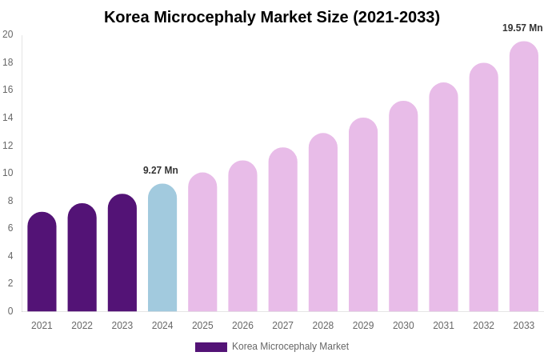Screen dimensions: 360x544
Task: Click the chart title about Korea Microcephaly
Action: [272, 17]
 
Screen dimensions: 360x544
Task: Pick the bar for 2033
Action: [524, 177]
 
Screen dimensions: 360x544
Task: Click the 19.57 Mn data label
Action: [522, 28]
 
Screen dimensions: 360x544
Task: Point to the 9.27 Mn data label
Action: [161, 170]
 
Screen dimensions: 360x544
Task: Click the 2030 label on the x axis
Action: [403, 326]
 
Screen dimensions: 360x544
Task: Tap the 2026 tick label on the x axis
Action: [242, 326]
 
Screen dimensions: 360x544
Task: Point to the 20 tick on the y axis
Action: [8, 34]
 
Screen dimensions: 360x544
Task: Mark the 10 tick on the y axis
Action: [8, 173]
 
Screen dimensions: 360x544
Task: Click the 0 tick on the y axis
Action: [10, 311]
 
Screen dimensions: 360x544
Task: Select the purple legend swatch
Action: [211, 347]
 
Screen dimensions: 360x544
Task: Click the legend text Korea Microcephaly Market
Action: [290, 346]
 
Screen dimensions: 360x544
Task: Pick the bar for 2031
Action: [443, 198]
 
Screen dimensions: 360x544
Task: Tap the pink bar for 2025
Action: [202, 242]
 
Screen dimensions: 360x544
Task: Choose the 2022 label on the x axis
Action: [82, 326]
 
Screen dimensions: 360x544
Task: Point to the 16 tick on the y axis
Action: [8, 90]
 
